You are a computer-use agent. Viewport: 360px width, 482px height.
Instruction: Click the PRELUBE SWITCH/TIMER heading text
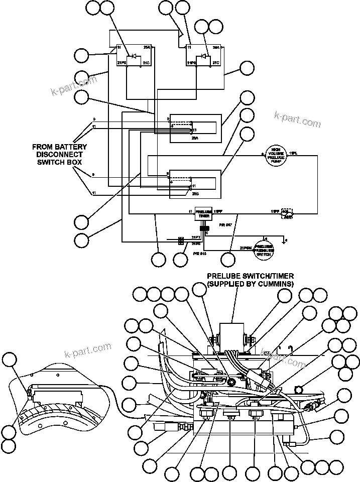[251, 276]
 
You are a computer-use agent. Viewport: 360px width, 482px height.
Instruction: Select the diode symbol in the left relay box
[134, 56]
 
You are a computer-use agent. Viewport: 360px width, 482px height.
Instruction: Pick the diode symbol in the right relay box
[204, 56]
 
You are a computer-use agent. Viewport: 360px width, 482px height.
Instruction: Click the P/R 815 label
[200, 254]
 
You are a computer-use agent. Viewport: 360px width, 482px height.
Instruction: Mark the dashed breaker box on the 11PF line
[287, 213]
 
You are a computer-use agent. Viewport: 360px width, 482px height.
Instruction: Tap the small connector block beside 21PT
[180, 241]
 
